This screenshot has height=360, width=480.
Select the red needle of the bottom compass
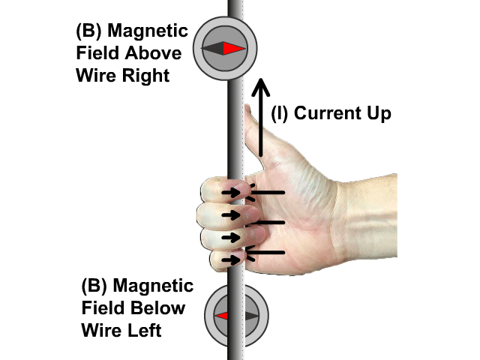tap(221, 316)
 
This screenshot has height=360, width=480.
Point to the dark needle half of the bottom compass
tap(250, 316)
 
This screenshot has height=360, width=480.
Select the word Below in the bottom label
tap(164, 308)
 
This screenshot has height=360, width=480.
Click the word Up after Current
tap(376, 114)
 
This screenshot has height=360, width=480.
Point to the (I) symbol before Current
tap(280, 114)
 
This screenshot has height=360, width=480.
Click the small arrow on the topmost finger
tap(233, 192)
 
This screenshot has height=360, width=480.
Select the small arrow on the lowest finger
tap(234, 259)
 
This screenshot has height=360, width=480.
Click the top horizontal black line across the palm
tap(267, 193)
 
